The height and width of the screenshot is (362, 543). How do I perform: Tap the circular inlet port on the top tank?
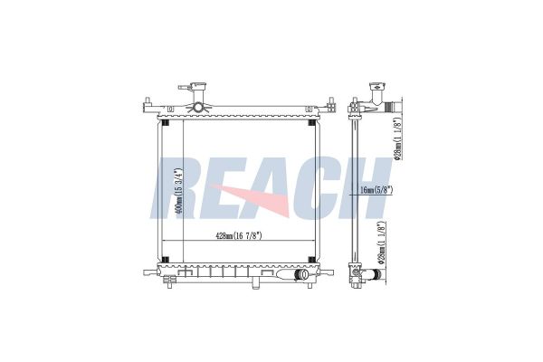pyautogui.click(x=198, y=108)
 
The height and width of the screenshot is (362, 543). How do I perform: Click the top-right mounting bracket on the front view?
pyautogui.click(x=329, y=107)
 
